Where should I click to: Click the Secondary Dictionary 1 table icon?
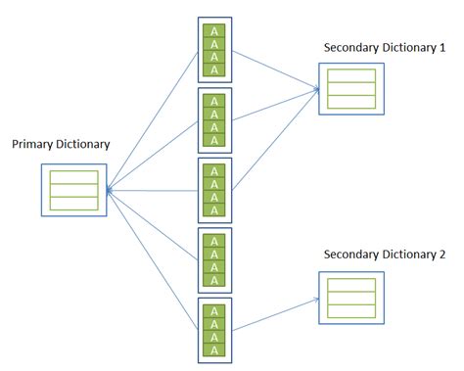(x=350, y=88)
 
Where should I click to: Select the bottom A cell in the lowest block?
(x=213, y=348)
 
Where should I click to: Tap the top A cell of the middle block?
(x=213, y=169)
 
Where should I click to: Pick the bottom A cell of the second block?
(x=213, y=138)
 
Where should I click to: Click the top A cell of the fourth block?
(x=213, y=240)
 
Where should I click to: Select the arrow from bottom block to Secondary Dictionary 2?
(x=274, y=316)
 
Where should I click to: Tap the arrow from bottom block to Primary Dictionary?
(x=152, y=259)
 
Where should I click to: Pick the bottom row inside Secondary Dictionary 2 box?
(x=350, y=309)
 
